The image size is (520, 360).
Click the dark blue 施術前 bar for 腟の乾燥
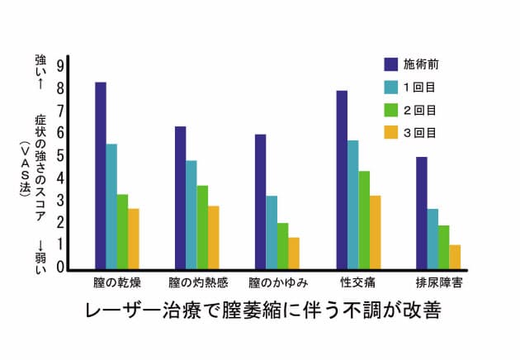[x=101, y=175]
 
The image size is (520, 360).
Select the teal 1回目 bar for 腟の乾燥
[x=111, y=206]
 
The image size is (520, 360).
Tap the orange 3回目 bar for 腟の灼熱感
[x=214, y=237]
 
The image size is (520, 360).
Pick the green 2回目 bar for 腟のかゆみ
[x=283, y=245]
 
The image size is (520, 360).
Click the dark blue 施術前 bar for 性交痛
[x=342, y=179]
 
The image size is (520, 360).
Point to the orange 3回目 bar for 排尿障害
[x=455, y=256]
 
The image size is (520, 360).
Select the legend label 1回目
[x=419, y=86]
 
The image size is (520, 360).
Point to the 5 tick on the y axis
[x=60, y=156]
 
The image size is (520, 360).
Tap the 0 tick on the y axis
[x=60, y=268]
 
